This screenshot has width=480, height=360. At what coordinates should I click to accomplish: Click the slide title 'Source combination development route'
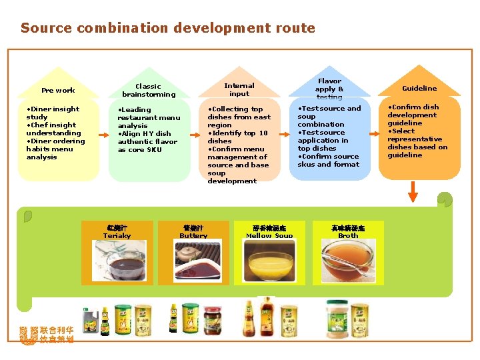point(167,28)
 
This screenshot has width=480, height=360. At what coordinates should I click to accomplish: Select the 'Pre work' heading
point(58,91)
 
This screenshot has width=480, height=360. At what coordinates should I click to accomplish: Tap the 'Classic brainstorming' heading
point(148,90)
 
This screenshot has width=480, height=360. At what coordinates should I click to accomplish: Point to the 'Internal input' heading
point(239,89)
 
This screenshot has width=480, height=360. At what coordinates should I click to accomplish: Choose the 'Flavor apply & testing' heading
point(329,89)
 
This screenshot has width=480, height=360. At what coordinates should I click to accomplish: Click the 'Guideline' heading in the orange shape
point(419,88)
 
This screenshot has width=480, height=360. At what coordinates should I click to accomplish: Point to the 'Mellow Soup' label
point(269,235)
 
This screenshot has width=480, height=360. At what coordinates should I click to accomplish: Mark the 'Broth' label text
point(348,235)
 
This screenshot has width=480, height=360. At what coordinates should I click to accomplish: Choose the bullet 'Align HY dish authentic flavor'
point(147,141)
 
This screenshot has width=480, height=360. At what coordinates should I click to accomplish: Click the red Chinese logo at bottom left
point(47,335)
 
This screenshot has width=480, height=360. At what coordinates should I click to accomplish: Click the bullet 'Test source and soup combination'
point(329,116)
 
